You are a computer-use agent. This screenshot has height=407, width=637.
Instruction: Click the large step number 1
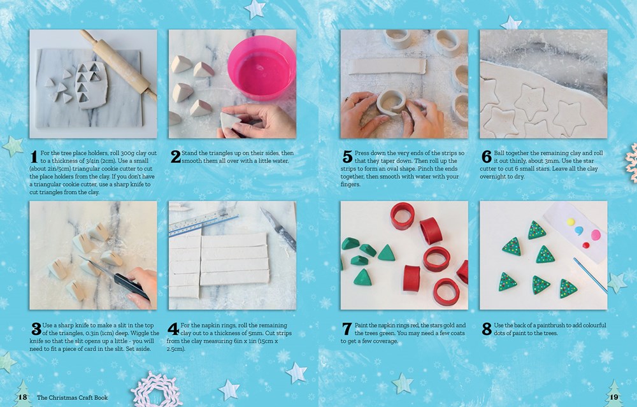34,157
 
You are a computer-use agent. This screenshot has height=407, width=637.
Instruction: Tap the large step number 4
174,329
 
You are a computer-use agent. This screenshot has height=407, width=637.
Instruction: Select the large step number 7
347,329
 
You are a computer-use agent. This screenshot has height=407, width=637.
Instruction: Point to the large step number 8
487,329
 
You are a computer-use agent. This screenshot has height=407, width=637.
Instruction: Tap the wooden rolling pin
118,64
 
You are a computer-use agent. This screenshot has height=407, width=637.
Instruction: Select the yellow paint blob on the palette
571,222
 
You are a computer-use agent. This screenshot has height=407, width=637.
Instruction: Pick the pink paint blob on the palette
596,234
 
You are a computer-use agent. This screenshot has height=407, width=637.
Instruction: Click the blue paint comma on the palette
579,231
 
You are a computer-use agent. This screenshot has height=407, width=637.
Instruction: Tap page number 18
22,397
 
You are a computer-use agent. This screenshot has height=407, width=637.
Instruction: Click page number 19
613,397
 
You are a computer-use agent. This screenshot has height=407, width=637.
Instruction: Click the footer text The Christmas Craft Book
73,397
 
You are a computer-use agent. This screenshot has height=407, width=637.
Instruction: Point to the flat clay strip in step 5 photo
387,66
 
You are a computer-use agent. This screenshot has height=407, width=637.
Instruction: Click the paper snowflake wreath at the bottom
157,390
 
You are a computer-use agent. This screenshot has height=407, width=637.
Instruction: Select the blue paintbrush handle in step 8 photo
590,275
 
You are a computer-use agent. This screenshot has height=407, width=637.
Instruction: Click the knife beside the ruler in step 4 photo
278,229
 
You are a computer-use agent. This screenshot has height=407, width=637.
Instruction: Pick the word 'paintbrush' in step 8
555,325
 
